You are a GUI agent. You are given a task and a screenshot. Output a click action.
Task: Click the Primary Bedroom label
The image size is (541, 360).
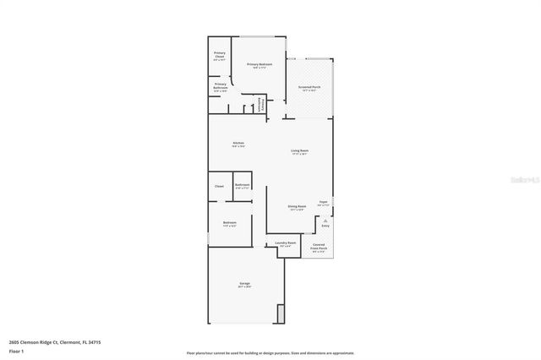[259, 65]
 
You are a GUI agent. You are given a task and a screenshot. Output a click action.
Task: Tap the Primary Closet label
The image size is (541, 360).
[219, 55]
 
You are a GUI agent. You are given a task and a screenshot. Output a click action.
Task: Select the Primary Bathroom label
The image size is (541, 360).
[220, 85]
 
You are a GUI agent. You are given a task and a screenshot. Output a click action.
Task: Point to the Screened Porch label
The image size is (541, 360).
[309, 87]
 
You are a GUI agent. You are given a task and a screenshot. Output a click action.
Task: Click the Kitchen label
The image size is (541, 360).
[238, 144]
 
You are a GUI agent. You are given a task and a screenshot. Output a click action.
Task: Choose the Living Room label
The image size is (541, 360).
[299, 151]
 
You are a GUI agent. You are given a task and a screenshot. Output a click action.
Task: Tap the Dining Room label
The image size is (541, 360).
[297, 207]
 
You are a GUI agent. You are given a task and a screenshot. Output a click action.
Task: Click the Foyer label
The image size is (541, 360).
[323, 204]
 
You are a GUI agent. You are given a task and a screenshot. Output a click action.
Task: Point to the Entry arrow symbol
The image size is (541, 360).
[325, 220]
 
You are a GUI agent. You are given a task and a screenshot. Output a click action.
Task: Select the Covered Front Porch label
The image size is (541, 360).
[319, 247]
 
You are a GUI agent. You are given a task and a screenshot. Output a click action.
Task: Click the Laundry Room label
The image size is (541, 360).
[286, 243]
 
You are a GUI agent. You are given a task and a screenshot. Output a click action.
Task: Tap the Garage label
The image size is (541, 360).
[244, 284]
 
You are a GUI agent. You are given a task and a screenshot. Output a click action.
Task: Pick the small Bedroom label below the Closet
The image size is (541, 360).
[229, 224]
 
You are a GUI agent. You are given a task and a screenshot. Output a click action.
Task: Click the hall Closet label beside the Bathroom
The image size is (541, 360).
[218, 186]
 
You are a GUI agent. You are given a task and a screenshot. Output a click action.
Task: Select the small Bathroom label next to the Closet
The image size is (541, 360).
[242, 186]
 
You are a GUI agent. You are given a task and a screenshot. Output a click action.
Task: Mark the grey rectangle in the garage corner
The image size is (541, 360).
[281, 314]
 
